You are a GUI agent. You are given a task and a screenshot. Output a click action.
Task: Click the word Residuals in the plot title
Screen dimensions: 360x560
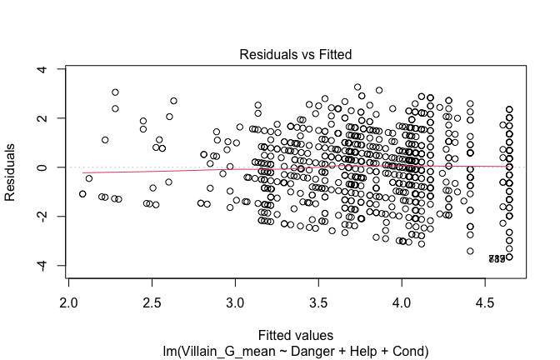tap(263, 53)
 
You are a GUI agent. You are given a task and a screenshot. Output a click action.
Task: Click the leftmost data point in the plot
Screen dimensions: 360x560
tap(82, 193)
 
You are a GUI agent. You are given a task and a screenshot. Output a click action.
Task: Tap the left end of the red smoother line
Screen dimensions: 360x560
tap(83, 172)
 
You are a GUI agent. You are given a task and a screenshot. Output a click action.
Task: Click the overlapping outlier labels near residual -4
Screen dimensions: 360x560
tap(497, 259)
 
